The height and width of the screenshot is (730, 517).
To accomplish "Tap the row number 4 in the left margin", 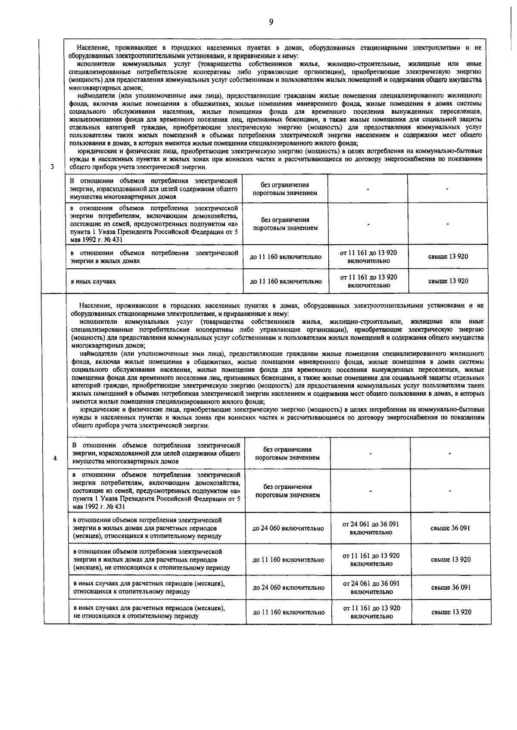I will click(x=55, y=458).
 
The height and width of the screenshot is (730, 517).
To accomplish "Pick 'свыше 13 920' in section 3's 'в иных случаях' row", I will click(x=448, y=281).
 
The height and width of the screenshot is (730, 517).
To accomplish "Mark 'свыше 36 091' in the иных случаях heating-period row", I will click(x=451, y=587).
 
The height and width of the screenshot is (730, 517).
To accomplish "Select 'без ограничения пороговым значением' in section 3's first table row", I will click(x=285, y=189).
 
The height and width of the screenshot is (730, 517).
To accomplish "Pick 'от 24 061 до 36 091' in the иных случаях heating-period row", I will click(x=371, y=587).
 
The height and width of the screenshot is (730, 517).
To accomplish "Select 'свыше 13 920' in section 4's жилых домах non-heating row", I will click(x=451, y=560).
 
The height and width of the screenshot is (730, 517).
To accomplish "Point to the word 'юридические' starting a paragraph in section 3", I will click(x=94, y=151).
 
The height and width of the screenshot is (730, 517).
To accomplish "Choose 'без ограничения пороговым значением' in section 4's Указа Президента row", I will click(x=288, y=491).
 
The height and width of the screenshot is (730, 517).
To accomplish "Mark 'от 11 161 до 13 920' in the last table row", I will click(x=371, y=612).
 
